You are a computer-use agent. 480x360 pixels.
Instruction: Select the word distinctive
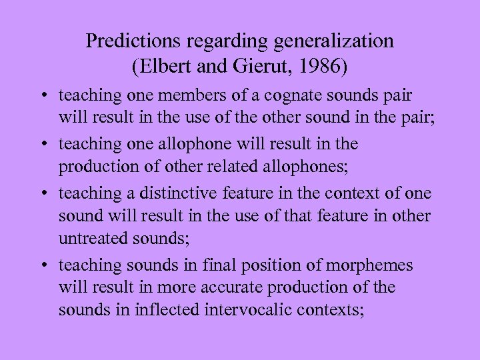click(x=169, y=193)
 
